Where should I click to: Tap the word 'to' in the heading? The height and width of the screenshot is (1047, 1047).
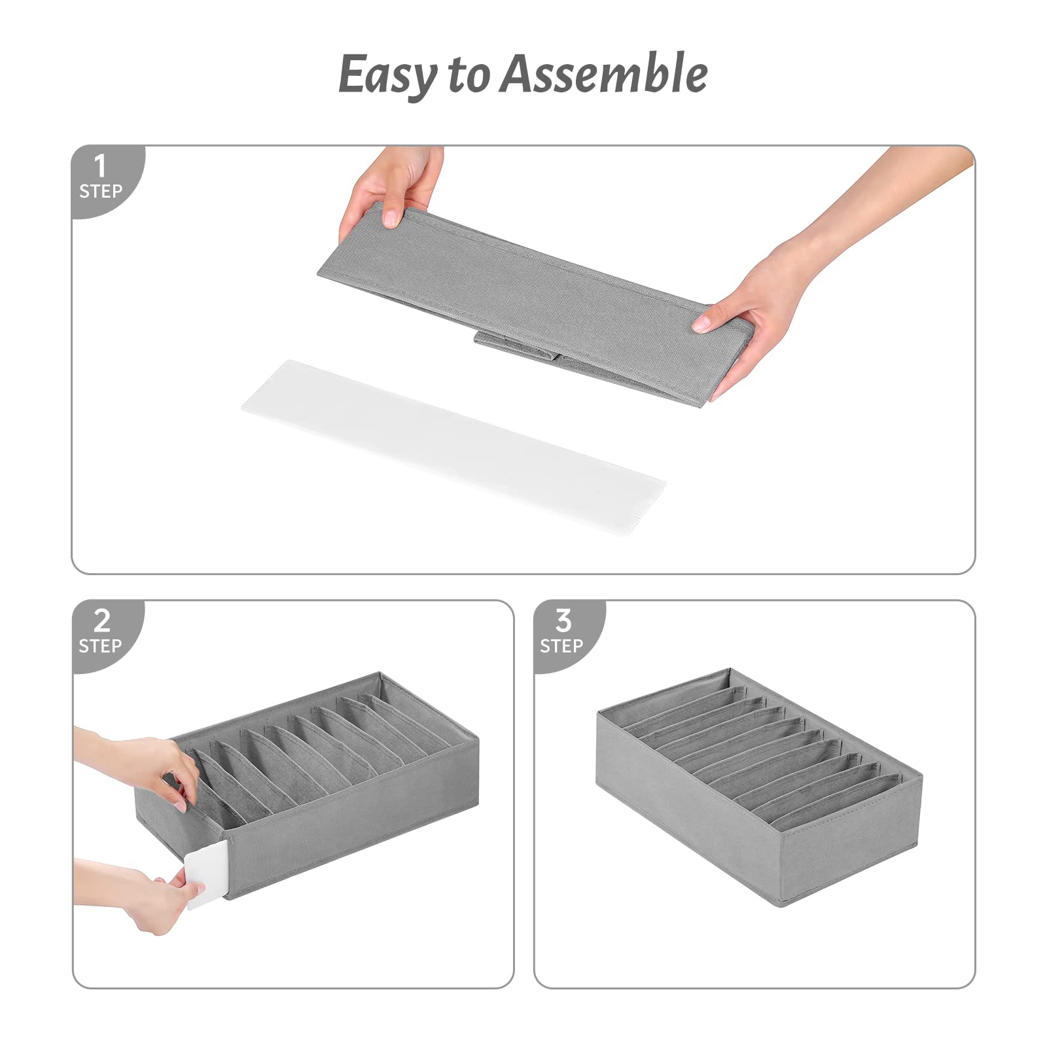(x=468, y=75)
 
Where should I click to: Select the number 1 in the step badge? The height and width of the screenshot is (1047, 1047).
(x=100, y=166)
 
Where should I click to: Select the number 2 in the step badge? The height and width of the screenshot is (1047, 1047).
(x=102, y=620)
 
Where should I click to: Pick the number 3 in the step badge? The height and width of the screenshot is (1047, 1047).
(x=563, y=620)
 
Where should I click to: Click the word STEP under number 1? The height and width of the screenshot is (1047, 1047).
(x=101, y=192)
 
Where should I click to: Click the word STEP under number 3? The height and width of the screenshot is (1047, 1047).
(x=561, y=647)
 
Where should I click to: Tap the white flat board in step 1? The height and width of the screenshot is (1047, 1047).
(x=453, y=446)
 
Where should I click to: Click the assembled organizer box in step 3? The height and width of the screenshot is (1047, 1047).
(x=759, y=785)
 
